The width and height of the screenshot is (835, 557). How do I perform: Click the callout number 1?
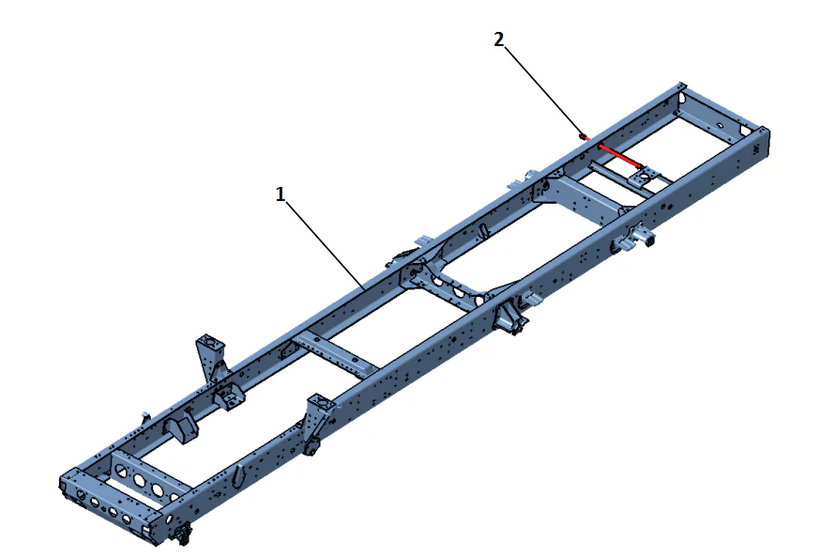pyautogui.click(x=280, y=194)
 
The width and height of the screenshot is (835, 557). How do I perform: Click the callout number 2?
pyautogui.click(x=499, y=39)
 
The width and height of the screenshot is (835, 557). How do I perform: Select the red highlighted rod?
pyautogui.click(x=619, y=156)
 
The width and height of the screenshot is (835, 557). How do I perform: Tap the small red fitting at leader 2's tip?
pyautogui.click(x=584, y=137)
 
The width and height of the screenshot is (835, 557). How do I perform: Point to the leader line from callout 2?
pyautogui.click(x=542, y=89)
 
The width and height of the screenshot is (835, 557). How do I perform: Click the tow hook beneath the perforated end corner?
pyautogui.click(x=182, y=536)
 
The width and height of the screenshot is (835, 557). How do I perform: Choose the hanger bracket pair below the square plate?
pyautogui.click(x=634, y=239)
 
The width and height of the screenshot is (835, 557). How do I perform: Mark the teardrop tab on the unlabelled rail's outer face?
pyautogui.click(x=239, y=475)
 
